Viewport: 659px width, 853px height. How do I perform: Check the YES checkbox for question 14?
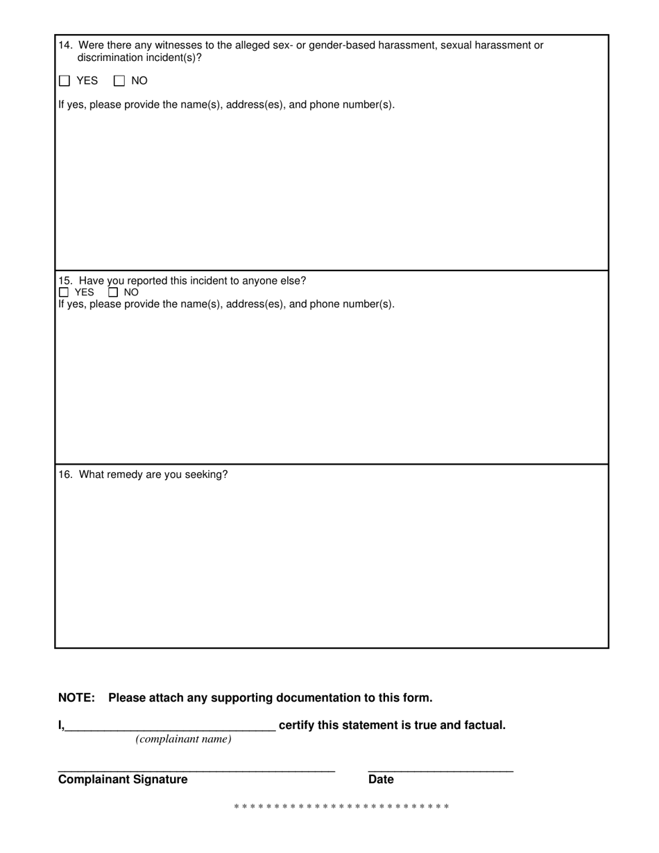click(x=65, y=81)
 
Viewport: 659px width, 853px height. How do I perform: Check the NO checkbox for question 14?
click(x=119, y=81)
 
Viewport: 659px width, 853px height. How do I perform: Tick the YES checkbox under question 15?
click(x=64, y=293)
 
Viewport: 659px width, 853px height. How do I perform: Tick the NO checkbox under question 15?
click(x=114, y=293)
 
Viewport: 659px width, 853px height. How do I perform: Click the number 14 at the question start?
click(x=65, y=46)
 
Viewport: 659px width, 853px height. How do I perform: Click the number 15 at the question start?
click(x=65, y=281)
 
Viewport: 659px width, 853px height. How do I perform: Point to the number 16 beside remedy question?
click(x=65, y=475)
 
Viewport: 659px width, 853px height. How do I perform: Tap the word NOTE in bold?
click(x=76, y=698)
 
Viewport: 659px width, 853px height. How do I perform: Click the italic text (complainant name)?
click(x=184, y=739)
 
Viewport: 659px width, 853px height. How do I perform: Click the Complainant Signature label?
click(x=123, y=779)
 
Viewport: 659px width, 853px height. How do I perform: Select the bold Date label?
click(x=381, y=779)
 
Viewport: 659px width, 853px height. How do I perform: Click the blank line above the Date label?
click(x=440, y=770)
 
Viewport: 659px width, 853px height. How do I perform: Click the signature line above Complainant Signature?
click(x=196, y=770)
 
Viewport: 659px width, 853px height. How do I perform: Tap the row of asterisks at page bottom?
click(x=341, y=807)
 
